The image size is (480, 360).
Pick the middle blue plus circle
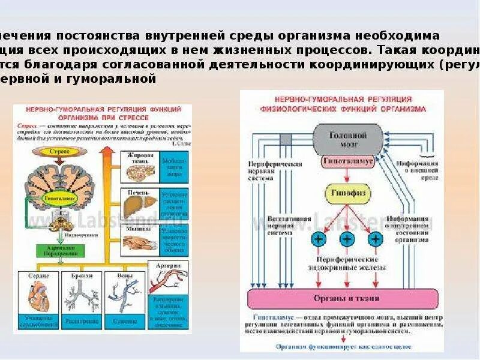pyautogui.click(x=346, y=239)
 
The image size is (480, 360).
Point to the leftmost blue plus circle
pyautogui.click(x=317, y=239)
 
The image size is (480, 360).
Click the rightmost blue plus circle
pyautogui.click(x=376, y=239)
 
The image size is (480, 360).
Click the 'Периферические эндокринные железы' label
pyautogui.click(x=346, y=263)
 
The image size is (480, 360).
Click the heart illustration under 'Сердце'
pyautogui.click(x=38, y=295)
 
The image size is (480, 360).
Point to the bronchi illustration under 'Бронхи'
pyautogui.click(x=82, y=295)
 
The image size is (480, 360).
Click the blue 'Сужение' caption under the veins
pyautogui.click(x=126, y=321)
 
